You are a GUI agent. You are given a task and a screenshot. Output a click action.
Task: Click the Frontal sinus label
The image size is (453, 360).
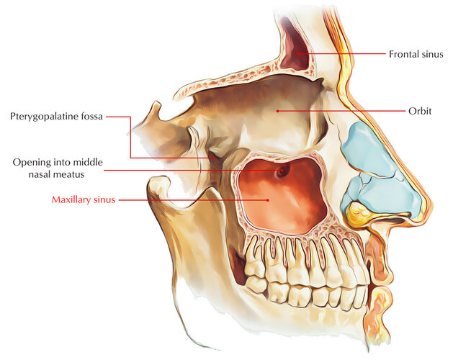coord(416,54)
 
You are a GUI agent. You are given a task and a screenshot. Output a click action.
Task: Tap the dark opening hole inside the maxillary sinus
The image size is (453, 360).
coord(281,170)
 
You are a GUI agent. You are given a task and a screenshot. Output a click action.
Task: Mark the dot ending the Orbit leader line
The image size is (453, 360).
coord(277,111)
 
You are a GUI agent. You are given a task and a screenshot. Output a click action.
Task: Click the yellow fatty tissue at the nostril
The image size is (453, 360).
coord(356,213)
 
